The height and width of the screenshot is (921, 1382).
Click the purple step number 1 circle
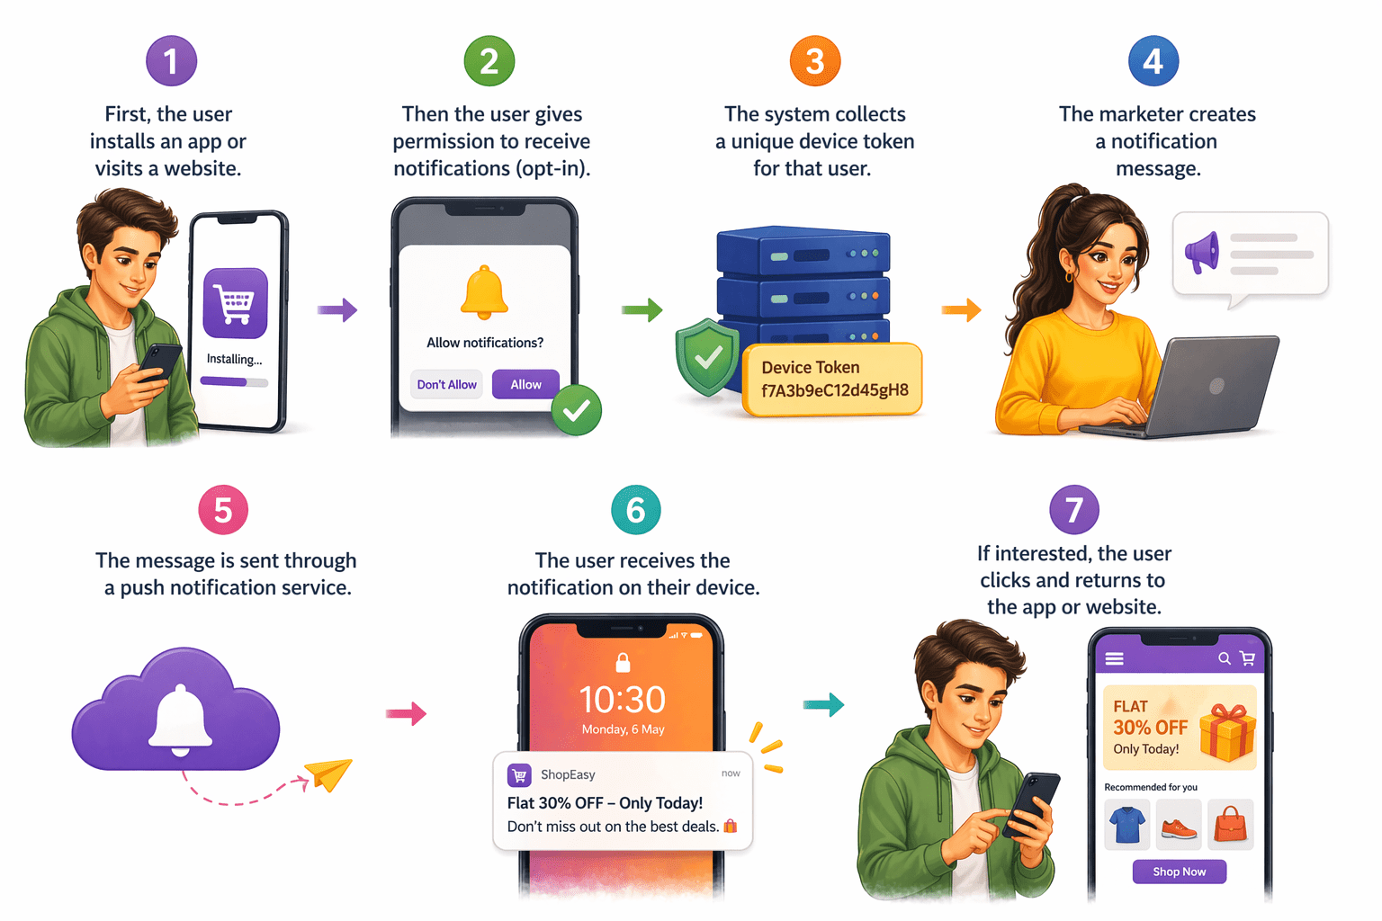pos(171,61)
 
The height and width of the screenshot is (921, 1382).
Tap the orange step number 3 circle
pos(814,61)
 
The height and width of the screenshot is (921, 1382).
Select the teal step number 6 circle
pos(635,510)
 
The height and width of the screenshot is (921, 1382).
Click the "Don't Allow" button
pos(446,384)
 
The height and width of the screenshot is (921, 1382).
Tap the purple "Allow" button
pos(525,384)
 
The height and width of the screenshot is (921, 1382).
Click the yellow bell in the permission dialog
pos(484,292)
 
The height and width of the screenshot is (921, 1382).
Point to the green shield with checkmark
pos(708,357)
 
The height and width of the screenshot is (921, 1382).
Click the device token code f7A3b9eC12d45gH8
pos(834,390)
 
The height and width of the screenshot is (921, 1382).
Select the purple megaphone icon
pos(1202,252)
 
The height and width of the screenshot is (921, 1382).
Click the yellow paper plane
pos(328,773)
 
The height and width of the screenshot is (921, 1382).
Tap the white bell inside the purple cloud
pos(181,720)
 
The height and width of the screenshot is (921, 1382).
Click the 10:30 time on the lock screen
pos(622,700)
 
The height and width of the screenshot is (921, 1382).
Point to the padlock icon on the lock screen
pos(622,664)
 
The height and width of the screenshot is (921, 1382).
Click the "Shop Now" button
pos(1179,872)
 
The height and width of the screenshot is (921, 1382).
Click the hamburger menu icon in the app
pos(1114,659)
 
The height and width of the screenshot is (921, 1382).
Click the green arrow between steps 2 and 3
pos(642,310)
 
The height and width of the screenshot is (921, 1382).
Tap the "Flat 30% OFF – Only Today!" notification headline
pos(605,803)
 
